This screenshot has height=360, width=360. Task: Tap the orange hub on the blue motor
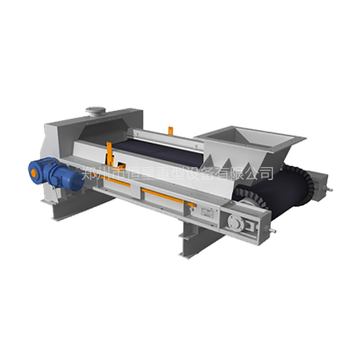(34, 173)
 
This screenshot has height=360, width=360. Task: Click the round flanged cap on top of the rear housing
(96, 111)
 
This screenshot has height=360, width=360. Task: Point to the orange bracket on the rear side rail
(170, 131)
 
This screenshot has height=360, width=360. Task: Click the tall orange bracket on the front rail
(109, 154)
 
